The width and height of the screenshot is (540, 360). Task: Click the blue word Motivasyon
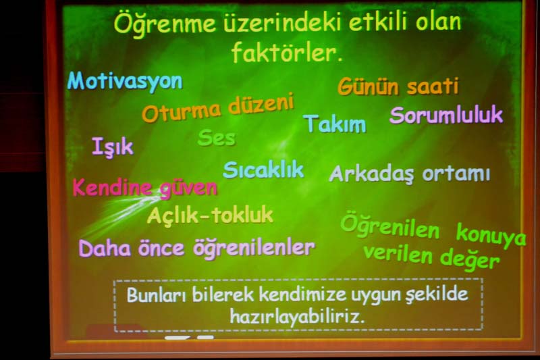[125, 82]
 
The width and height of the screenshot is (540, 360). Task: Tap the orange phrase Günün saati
[398, 86]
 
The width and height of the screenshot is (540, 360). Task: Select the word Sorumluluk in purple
[446, 115]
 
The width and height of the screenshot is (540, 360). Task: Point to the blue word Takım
[335, 124]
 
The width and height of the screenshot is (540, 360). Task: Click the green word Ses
[217, 138]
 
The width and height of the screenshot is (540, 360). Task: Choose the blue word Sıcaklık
[263, 170]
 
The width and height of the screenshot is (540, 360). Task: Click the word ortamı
[456, 174]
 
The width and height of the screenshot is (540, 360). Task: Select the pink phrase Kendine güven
[145, 188]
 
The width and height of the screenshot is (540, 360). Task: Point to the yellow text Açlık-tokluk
[210, 215]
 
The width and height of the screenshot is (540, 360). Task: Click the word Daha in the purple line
[105, 249]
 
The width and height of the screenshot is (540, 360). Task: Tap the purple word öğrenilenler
[254, 248]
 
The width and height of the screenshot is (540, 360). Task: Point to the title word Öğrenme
[165, 24]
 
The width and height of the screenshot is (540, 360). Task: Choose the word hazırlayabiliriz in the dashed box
[297, 316]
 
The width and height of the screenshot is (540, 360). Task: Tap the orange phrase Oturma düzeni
[218, 107]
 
